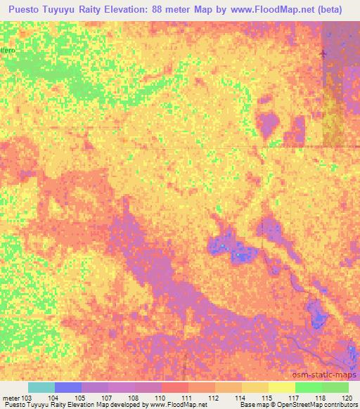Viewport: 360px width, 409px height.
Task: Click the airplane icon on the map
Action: tap(323, 54)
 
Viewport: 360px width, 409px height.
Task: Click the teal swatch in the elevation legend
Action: tap(41, 387)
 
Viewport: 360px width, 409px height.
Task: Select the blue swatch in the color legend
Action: tap(68, 387)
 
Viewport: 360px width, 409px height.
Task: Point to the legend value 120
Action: tap(347, 398)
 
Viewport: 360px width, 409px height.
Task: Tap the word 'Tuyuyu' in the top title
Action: tap(68, 9)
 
